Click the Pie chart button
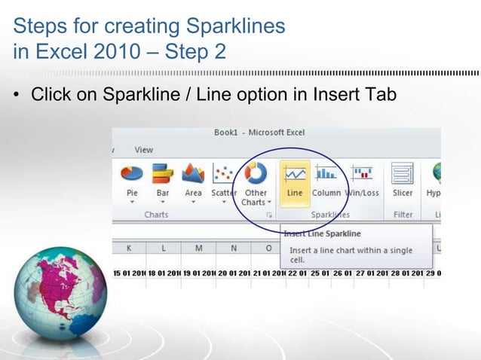tap(131, 180)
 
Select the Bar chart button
tap(163, 180)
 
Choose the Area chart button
tap(194, 180)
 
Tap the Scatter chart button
tap(223, 180)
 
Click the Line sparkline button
tap(295, 180)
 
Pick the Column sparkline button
tap(326, 180)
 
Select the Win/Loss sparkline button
tap(362, 180)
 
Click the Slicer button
tap(403, 180)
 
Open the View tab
tap(143, 150)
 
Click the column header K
tap(130, 248)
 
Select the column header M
tap(198, 248)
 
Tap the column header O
tap(268, 248)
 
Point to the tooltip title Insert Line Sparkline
tap(322, 233)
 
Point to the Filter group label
tap(403, 215)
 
